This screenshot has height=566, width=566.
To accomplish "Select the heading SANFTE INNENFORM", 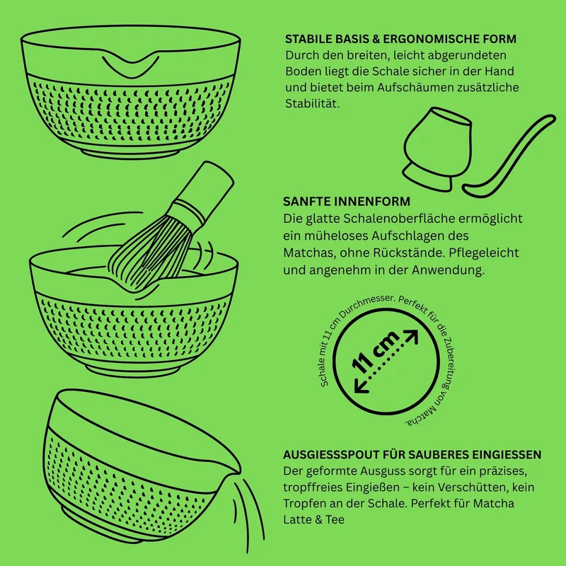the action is pyautogui.click(x=347, y=202).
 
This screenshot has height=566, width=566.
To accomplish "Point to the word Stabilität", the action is pyautogui.click(x=312, y=103).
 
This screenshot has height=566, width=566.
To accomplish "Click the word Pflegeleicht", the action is pyautogui.click(x=484, y=253).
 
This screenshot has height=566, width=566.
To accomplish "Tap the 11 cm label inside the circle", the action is pyautogui.click(x=376, y=351).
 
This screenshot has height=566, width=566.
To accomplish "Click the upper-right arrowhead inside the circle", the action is pyautogui.click(x=412, y=336).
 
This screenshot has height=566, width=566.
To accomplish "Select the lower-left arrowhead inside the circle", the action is pyautogui.click(x=361, y=386).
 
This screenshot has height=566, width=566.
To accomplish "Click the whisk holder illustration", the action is pyautogui.click(x=437, y=149).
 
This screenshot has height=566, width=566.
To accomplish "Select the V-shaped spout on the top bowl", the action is pyautogui.click(x=131, y=64).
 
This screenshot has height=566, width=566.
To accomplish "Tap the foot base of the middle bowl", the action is pyautogui.click(x=133, y=371).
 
